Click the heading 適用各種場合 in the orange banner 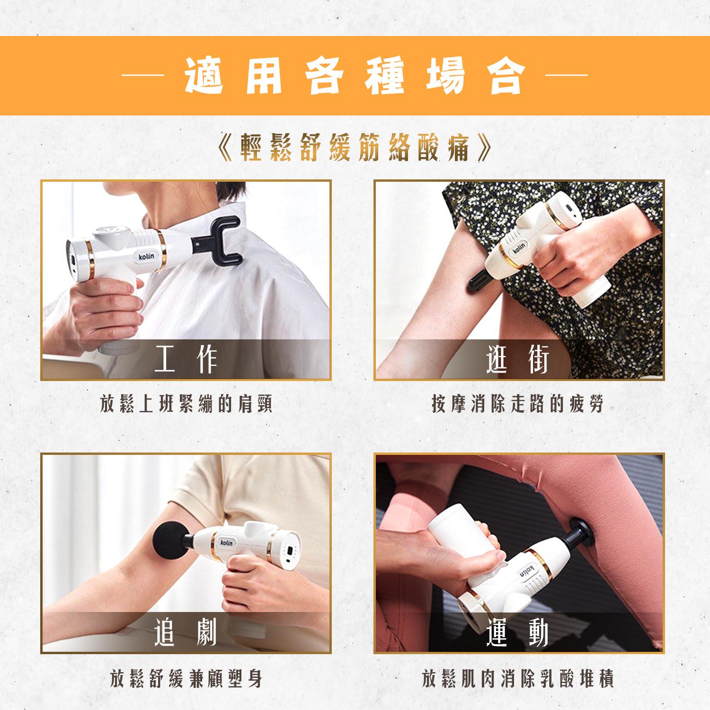355,76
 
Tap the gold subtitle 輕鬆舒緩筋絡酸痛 355,148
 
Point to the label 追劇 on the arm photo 186,632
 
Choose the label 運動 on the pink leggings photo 518,632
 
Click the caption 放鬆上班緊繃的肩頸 186,404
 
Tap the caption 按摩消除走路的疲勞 518,404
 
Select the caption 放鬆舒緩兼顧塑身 186,678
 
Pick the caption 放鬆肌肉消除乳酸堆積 518,678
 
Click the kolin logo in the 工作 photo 146,256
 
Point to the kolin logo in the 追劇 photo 227,542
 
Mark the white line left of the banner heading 142,75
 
